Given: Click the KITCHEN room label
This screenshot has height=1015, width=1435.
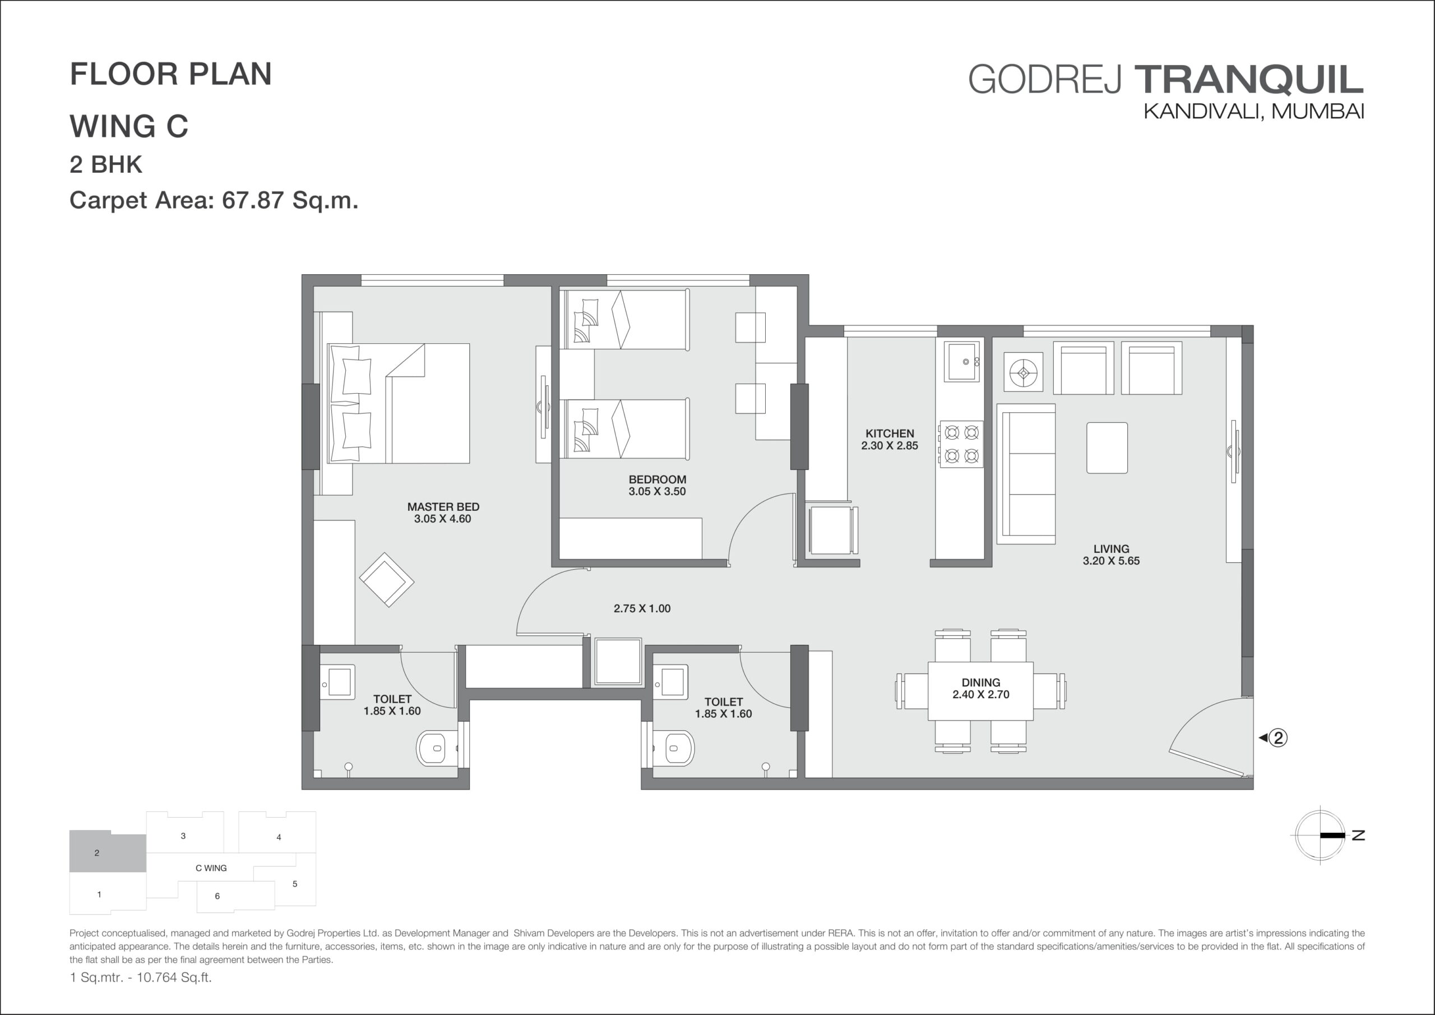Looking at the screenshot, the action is [890, 433].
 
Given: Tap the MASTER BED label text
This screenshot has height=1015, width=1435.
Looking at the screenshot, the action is [443, 506].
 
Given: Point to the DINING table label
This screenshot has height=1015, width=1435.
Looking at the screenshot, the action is [980, 682].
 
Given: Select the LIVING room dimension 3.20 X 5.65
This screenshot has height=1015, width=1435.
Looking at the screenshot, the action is [1110, 561].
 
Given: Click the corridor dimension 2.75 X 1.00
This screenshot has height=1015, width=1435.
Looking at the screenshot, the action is [642, 608].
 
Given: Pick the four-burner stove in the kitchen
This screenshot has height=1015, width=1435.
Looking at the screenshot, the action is [961, 444].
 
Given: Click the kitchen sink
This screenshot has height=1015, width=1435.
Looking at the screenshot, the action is [962, 362].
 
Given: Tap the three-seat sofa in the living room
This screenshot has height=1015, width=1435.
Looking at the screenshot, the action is [1026, 474].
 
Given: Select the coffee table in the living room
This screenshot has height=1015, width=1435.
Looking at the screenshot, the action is [1107, 447].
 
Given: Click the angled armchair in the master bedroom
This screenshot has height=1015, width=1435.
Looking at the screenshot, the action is [386, 580].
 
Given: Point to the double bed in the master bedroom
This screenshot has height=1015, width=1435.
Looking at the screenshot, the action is [398, 403].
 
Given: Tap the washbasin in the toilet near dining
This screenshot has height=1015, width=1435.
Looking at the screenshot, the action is [671, 682].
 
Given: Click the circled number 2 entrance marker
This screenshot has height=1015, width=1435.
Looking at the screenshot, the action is [1279, 738].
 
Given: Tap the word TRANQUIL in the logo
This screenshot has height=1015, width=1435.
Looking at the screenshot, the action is [1248, 80].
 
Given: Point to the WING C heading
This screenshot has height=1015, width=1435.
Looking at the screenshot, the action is [129, 126].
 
